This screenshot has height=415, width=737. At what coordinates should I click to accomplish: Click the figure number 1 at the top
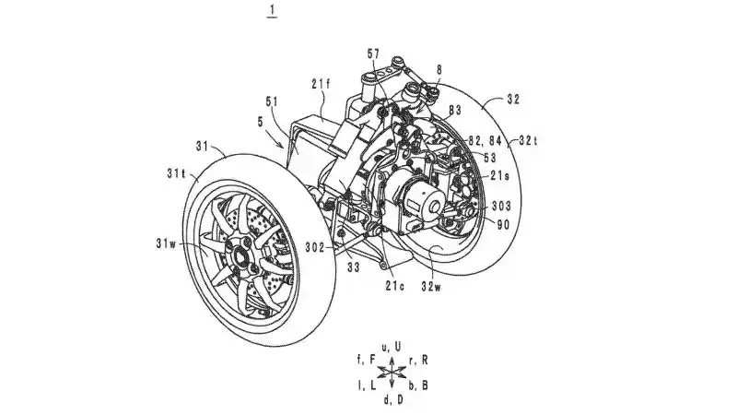tap(272, 10)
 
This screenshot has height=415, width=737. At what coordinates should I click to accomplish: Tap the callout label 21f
tap(321, 84)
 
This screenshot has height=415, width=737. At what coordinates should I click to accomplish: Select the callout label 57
tap(373, 54)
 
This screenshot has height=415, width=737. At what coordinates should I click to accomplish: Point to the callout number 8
tap(439, 70)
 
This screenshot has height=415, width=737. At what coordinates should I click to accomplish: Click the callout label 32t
tap(528, 140)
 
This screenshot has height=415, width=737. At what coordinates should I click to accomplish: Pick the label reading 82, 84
tap(485, 140)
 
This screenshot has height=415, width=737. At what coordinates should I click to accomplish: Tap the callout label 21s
tap(500, 176)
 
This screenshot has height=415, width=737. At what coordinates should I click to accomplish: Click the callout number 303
tap(501, 206)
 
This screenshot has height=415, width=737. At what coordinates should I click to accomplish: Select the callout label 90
tap(503, 224)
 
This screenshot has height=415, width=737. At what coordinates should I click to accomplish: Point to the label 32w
tap(431, 286)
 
